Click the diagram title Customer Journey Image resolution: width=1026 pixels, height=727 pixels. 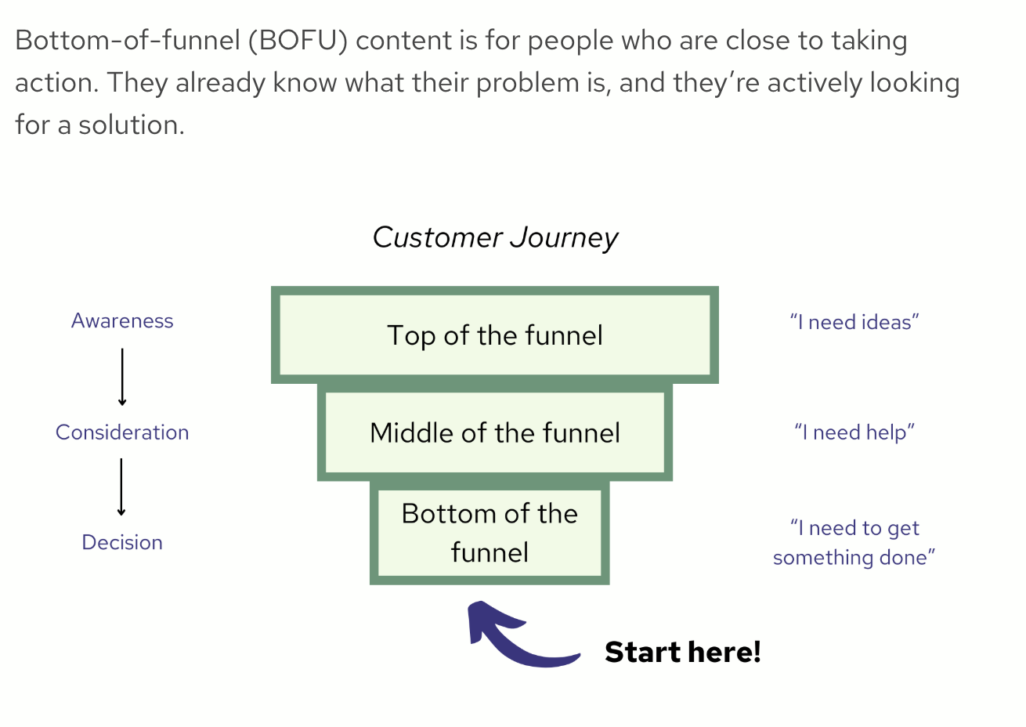click(x=495, y=237)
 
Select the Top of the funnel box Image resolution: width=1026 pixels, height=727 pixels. click(x=495, y=335)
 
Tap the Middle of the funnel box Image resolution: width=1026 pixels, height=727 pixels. click(x=495, y=432)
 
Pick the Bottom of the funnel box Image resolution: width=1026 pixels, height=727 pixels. click(x=490, y=533)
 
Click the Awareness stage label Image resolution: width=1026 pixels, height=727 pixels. click(x=122, y=321)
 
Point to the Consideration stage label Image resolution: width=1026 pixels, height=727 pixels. click(x=122, y=432)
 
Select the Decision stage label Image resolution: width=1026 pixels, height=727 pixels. click(x=122, y=542)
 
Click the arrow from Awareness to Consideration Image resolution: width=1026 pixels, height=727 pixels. click(x=122, y=377)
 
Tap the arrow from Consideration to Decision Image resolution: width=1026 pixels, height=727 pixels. click(x=121, y=486)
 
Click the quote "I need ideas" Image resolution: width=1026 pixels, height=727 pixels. click(x=854, y=322)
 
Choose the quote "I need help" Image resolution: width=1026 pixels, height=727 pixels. click(x=854, y=432)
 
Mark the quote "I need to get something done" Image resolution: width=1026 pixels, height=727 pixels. click(x=854, y=542)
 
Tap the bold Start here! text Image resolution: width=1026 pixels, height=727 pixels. click(x=682, y=652)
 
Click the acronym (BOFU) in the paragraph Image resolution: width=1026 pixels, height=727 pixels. click(x=298, y=41)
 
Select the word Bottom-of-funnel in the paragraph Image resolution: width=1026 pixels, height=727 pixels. click(x=127, y=41)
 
